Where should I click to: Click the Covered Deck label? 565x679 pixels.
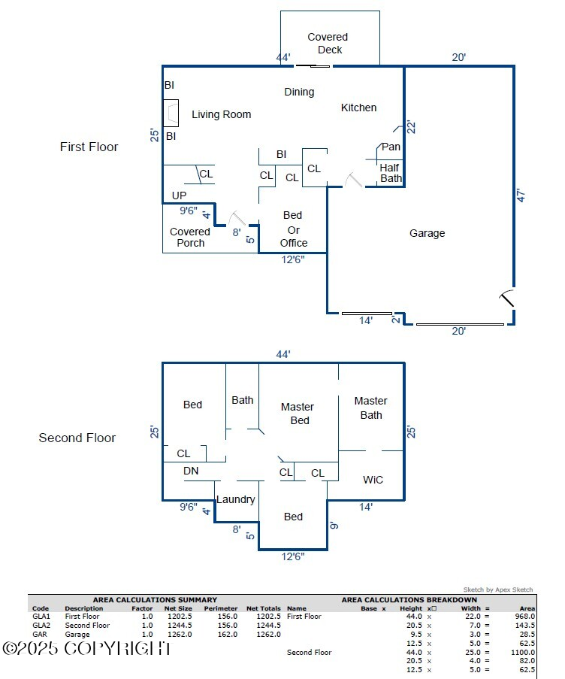(328, 43)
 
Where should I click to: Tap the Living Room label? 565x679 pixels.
(221, 114)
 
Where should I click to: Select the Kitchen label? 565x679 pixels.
(358, 108)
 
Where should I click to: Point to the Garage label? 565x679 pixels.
(427, 233)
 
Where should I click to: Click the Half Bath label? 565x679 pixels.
(390, 173)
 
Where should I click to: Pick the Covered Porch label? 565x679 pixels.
(190, 237)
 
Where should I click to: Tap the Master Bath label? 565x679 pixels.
(370, 408)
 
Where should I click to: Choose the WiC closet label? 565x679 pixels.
(373, 479)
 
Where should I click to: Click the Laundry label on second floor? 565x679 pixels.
(236, 499)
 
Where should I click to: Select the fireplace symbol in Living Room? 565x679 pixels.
(171, 114)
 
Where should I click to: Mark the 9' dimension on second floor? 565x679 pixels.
(334, 525)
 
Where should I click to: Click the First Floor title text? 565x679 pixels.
(89, 147)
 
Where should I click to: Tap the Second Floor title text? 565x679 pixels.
(77, 438)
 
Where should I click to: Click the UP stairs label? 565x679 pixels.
(179, 196)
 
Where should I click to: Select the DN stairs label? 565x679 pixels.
(191, 471)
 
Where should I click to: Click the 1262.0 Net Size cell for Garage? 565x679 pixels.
(180, 634)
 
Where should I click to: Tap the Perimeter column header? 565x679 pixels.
(221, 608)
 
